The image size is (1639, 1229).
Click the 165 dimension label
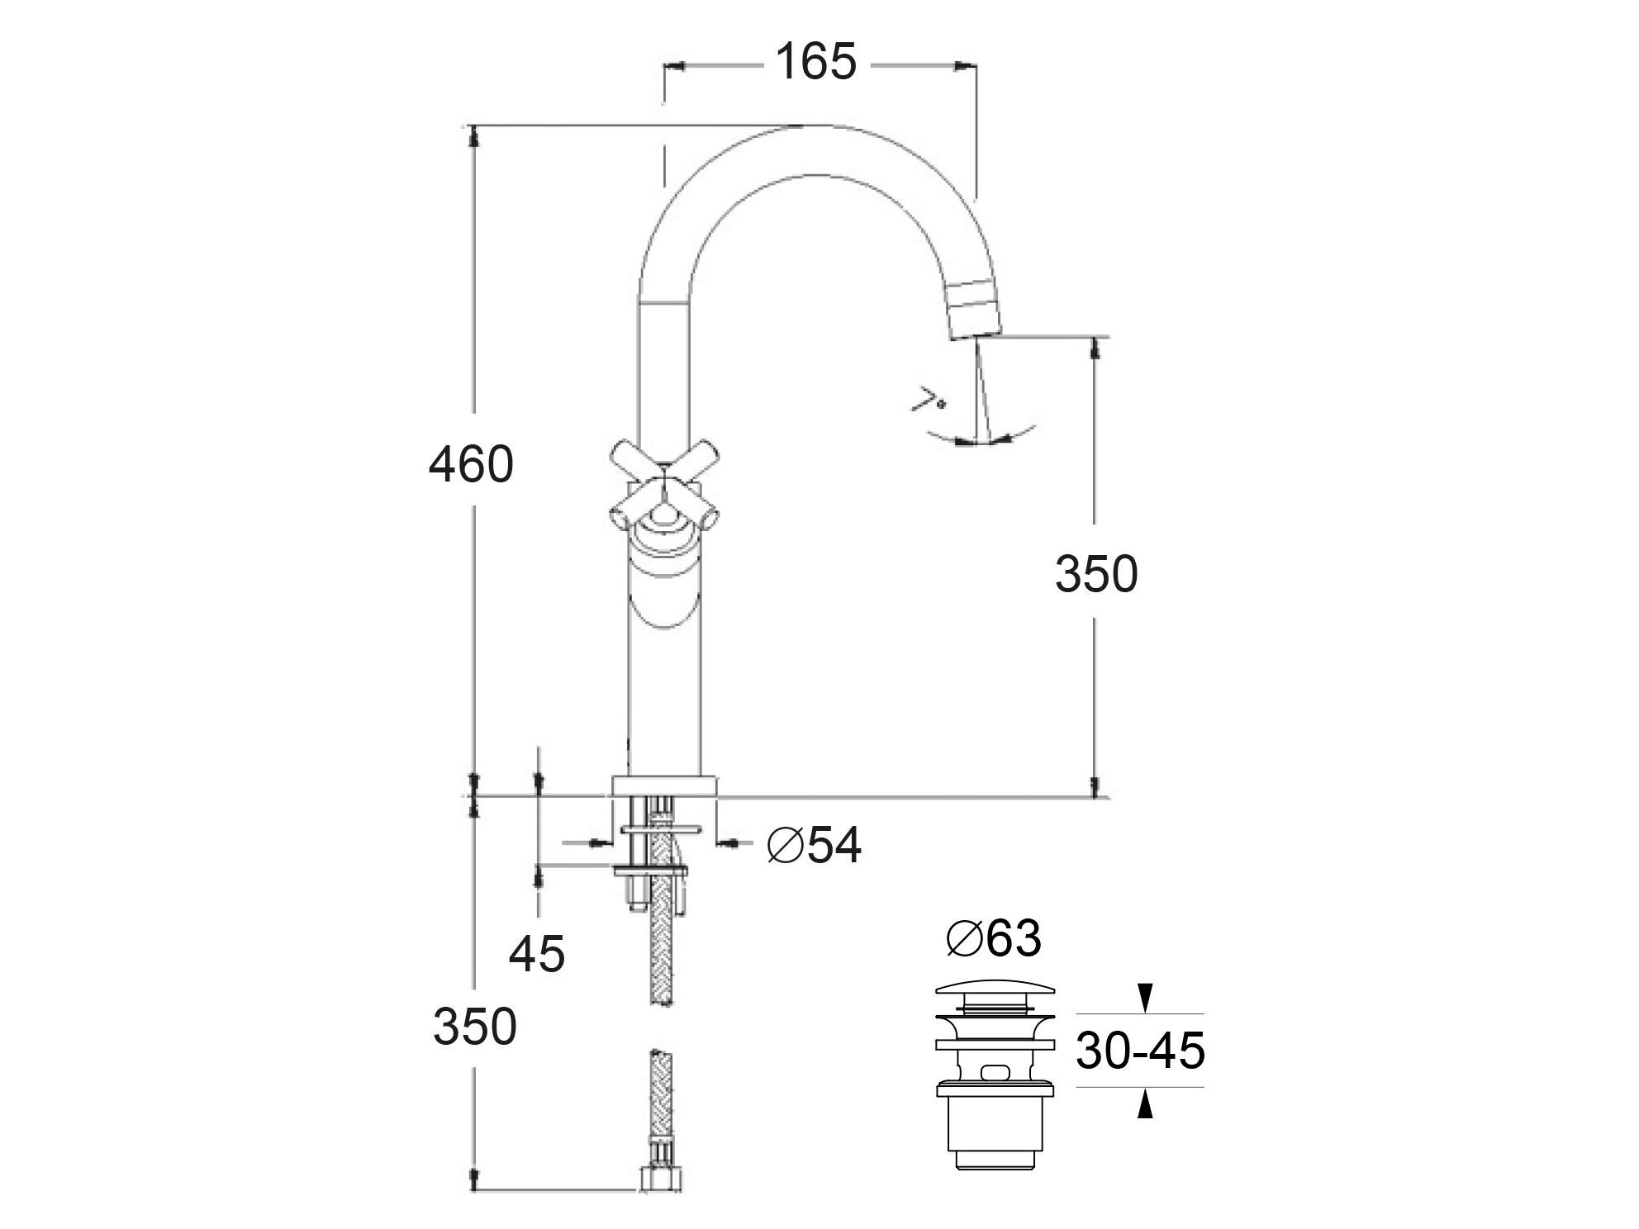point(816,62)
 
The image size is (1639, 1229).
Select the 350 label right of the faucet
point(1096,574)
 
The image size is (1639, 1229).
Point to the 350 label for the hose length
point(475,1027)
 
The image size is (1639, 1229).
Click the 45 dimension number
point(537,955)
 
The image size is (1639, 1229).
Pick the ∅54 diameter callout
point(815,845)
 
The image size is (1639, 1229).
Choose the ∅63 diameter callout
point(994,938)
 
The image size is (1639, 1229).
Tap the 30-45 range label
point(1141,1051)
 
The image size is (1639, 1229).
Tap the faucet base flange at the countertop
point(664,785)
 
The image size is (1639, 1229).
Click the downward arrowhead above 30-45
point(1144,998)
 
